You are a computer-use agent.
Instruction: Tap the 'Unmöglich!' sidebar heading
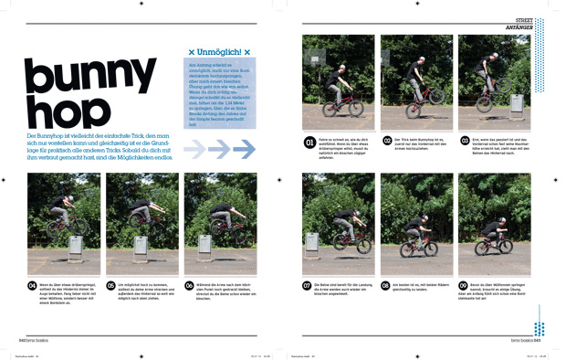coord(219,52)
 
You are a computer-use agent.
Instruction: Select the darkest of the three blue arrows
coord(245,149)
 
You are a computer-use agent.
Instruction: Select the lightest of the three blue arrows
coord(195,149)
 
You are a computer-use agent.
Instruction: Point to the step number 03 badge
coord(466,142)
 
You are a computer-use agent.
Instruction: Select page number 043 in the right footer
coord(538,337)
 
